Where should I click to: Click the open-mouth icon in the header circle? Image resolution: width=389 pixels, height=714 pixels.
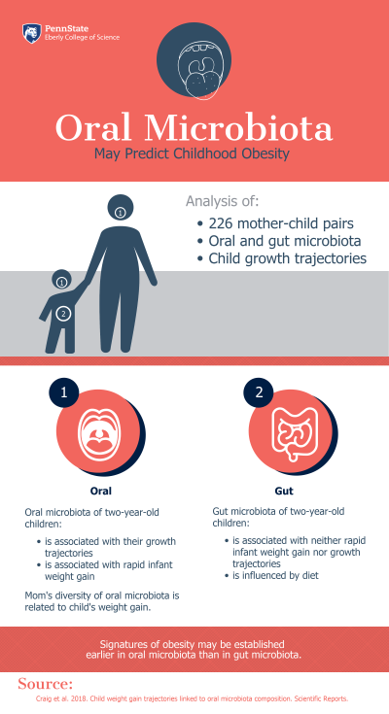tap(194, 64)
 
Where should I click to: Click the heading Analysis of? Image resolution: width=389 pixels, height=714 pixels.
tap(223, 202)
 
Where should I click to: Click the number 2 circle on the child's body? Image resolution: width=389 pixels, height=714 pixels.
tap(63, 313)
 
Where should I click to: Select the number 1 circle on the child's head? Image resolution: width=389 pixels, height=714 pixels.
tap(61, 282)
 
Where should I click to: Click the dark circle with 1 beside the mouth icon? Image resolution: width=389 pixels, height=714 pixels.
tap(63, 393)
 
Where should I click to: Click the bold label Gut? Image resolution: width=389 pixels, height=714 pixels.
tap(284, 491)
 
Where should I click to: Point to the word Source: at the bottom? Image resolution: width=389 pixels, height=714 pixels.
tap(46, 682)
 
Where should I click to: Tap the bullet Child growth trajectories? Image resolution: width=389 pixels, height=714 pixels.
tap(287, 258)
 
